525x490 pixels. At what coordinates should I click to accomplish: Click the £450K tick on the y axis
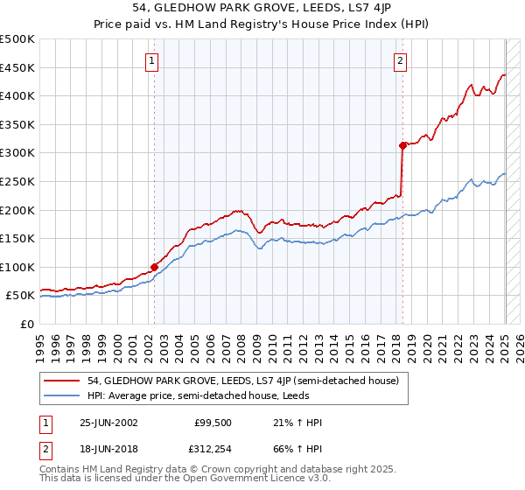(17, 67)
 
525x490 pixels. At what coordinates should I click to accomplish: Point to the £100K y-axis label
(17, 267)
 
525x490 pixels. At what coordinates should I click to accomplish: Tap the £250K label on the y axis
(17, 181)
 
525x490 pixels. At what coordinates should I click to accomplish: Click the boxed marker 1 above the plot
(152, 61)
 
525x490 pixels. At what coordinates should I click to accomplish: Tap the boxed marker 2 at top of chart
(400, 61)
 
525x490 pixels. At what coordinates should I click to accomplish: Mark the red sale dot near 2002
(155, 267)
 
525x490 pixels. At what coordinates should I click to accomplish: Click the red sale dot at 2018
(402, 145)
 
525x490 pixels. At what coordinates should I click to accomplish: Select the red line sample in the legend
(63, 381)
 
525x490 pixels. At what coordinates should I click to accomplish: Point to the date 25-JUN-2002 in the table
(108, 423)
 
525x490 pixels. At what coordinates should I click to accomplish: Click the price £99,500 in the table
(213, 423)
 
